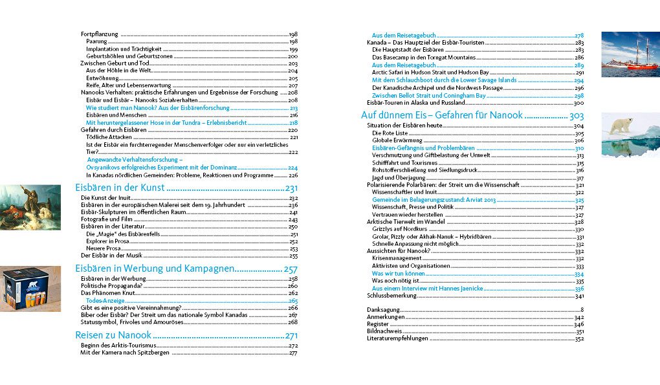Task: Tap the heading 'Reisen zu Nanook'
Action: (113, 335)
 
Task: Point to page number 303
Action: (576, 115)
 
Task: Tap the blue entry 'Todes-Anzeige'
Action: (107, 301)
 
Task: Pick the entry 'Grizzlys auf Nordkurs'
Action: (396, 229)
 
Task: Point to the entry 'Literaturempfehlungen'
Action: (397, 338)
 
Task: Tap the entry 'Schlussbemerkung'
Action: (391, 296)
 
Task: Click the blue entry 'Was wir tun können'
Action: (398, 274)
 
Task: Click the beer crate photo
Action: (30, 289)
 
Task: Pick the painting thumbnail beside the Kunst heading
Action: (30, 207)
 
